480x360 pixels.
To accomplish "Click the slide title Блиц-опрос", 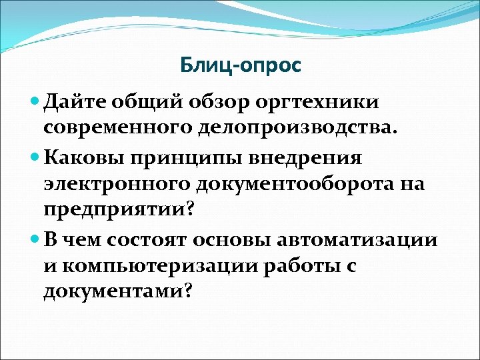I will click(240, 65).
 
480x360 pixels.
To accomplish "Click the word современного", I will click(120, 129).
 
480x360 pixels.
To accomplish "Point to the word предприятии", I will click(117, 211).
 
